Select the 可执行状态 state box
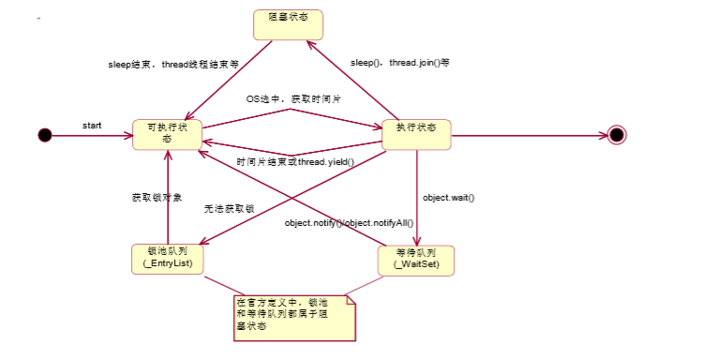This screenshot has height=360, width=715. pyautogui.click(x=168, y=133)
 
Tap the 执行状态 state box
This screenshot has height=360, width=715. pyautogui.click(x=416, y=133)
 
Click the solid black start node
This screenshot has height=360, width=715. pyautogui.click(x=45, y=135)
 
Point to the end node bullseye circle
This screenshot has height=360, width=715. pyautogui.click(x=616, y=135)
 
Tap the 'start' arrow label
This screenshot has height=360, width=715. pyautogui.click(x=92, y=125)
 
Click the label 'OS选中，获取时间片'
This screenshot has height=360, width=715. pyautogui.click(x=291, y=98)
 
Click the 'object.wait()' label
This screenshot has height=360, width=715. pyautogui.click(x=449, y=198)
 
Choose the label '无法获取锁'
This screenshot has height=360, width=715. pyautogui.click(x=230, y=209)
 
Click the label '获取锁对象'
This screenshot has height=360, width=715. pyautogui.click(x=156, y=198)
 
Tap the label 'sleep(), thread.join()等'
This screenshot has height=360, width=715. pyautogui.click(x=399, y=63)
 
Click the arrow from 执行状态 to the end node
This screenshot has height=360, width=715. pyautogui.click(x=529, y=135)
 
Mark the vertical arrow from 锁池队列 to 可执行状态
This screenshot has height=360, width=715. pyautogui.click(x=169, y=197)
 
